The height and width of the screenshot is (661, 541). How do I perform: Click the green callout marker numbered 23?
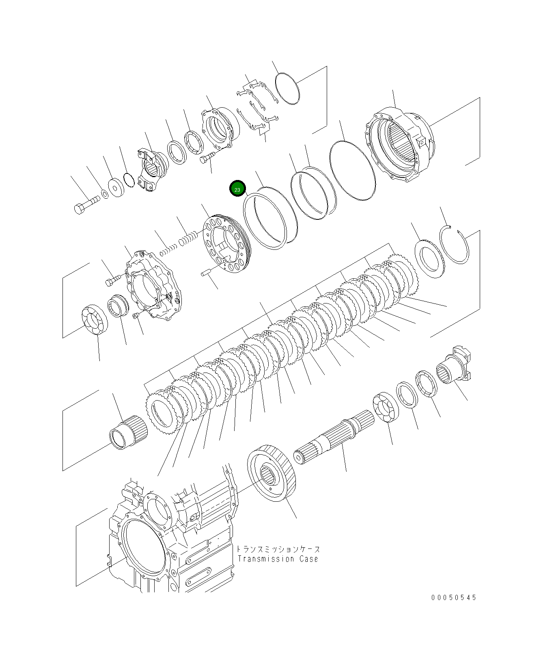click(x=237, y=189)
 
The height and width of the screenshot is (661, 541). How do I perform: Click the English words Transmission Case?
click(x=278, y=559)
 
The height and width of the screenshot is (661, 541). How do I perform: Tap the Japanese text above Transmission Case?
click(x=278, y=549)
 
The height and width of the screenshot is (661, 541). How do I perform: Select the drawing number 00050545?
click(x=454, y=597)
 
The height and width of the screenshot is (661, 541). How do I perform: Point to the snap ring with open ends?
click(x=455, y=245)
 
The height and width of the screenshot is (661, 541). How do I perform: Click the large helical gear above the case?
click(x=271, y=472)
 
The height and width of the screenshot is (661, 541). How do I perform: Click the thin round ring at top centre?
click(x=287, y=89)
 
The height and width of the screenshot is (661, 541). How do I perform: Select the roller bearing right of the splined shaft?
click(x=386, y=407)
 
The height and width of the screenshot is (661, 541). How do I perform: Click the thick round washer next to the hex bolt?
click(x=117, y=188)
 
